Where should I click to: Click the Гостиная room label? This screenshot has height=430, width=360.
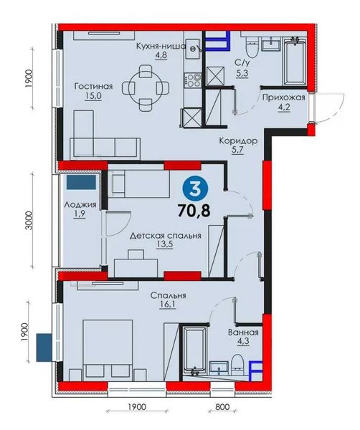tap(93, 87)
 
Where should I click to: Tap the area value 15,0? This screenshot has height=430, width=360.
tap(93, 96)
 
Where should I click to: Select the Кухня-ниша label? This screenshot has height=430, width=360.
tap(161, 46)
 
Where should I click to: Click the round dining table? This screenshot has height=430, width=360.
tap(146, 88)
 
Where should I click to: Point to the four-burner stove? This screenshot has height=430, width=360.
tap(194, 80)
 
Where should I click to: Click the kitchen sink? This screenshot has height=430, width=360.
tap(194, 48)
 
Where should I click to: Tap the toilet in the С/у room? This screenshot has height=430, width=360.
tap(252, 48)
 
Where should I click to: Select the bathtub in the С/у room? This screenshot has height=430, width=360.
tap(295, 62)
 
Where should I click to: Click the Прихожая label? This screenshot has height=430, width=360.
tap(283, 97)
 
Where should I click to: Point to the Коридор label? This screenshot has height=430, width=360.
tap(238, 141)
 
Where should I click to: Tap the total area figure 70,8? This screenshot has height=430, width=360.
tap(194, 211)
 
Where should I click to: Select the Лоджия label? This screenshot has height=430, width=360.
tap(80, 204)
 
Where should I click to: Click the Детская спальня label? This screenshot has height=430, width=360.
tap(166, 235)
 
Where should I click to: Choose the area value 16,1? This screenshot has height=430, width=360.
tap(168, 305)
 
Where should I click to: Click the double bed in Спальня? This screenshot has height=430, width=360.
tap(108, 350)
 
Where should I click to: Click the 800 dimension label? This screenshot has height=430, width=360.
tap(222, 406)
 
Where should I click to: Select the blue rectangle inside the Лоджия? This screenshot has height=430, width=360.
tap(81, 182)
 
